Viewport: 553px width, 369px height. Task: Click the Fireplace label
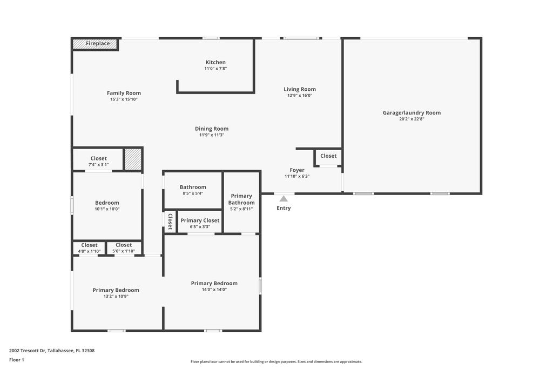pos(98,44)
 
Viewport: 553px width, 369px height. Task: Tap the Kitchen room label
pos(215,63)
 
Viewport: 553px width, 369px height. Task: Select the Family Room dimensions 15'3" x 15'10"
pos(124,99)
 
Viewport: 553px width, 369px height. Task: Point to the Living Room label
pos(300,89)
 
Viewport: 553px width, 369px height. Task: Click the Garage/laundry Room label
pos(412,113)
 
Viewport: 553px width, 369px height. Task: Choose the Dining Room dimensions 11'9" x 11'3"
pos(212,135)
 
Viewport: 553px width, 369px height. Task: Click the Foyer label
pos(297,170)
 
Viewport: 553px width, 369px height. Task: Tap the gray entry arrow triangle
pos(284,199)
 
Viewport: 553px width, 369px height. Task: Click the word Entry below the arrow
pos(284,208)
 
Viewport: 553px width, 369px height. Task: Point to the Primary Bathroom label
pos(241,199)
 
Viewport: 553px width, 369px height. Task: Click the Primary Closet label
pos(200,220)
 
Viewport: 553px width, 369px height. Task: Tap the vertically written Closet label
pos(170,222)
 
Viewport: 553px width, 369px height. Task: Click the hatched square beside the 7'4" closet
pos(133,159)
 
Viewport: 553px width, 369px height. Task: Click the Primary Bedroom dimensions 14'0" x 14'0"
pos(214,290)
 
